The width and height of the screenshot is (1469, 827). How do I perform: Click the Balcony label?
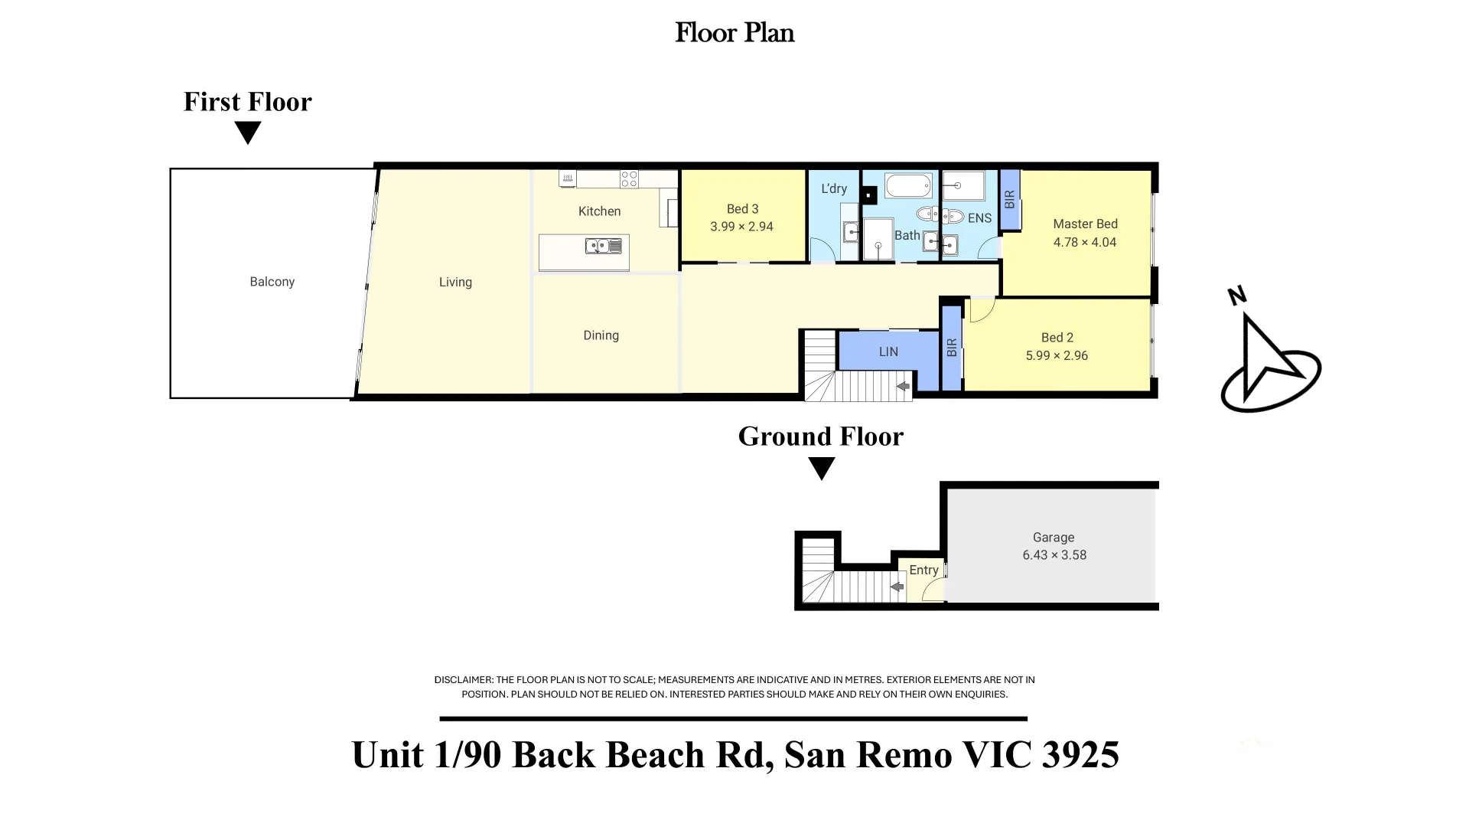click(x=272, y=282)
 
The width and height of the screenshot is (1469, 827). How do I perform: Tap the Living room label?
click(x=455, y=283)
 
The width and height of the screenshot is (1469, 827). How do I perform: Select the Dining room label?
click(x=601, y=335)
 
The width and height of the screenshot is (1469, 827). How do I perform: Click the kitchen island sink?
click(x=603, y=246)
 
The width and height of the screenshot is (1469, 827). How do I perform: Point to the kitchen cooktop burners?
click(x=629, y=179)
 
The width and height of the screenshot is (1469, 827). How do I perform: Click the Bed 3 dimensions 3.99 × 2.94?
click(x=741, y=227)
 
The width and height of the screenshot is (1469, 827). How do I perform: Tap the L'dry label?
click(x=834, y=188)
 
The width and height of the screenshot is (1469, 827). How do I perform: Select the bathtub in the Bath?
click(x=908, y=186)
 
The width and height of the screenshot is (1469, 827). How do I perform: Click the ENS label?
click(x=979, y=218)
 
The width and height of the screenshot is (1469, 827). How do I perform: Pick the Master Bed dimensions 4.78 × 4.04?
click(x=1085, y=242)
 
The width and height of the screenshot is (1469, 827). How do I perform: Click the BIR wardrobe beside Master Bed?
click(x=1010, y=200)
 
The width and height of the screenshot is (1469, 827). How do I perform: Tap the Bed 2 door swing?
click(x=982, y=309)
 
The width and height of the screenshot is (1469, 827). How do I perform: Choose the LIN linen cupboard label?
click(x=888, y=351)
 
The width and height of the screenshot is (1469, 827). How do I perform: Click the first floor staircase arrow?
click(x=903, y=387)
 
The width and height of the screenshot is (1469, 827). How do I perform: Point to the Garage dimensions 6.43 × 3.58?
click(x=1054, y=555)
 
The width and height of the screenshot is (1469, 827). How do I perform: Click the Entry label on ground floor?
click(x=923, y=570)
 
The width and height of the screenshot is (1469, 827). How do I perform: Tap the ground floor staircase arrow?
click(x=897, y=587)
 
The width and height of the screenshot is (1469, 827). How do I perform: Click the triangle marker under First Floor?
click(x=248, y=133)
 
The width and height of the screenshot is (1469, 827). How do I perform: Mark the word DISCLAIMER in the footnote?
click(x=463, y=680)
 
